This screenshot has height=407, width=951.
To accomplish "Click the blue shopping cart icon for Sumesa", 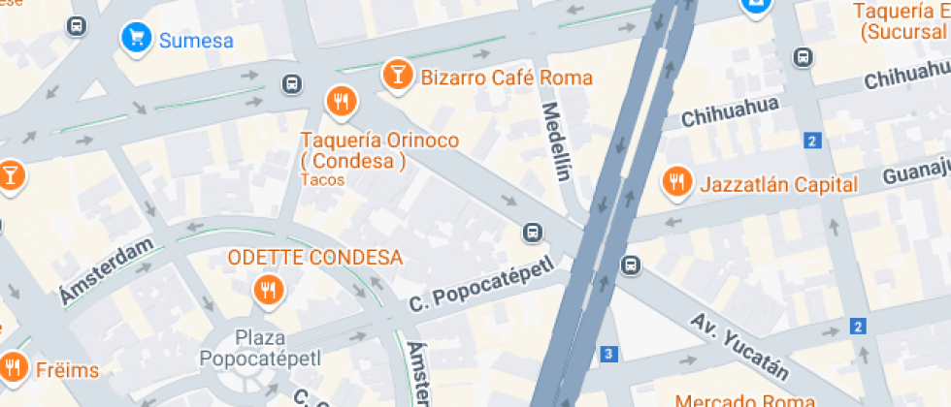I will tap(137, 38).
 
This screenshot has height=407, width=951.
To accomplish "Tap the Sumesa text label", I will tap(196, 40).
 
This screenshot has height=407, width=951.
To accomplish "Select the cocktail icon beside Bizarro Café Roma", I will tap(397, 74).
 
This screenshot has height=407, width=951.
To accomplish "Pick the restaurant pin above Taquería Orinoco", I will tap(340, 100).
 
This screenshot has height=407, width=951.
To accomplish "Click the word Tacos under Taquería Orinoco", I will tap(322, 180).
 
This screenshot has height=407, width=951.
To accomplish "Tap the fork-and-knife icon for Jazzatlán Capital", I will tap(676, 181).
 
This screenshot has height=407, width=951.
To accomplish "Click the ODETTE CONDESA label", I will tap(314, 258).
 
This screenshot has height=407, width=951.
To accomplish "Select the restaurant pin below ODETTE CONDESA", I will tap(267, 288).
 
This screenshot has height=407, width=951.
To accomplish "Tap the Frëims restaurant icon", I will tap(13, 366).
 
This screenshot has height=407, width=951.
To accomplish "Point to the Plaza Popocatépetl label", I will tap(260, 349).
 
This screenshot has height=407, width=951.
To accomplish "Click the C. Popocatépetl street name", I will tap(480, 286).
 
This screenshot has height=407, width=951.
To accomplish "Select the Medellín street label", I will tap(555, 142).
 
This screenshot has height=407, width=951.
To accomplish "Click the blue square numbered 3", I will tap(608, 354).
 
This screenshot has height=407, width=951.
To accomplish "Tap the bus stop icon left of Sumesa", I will tap(77, 27).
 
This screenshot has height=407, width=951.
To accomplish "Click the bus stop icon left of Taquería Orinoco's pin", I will tap(290, 83).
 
